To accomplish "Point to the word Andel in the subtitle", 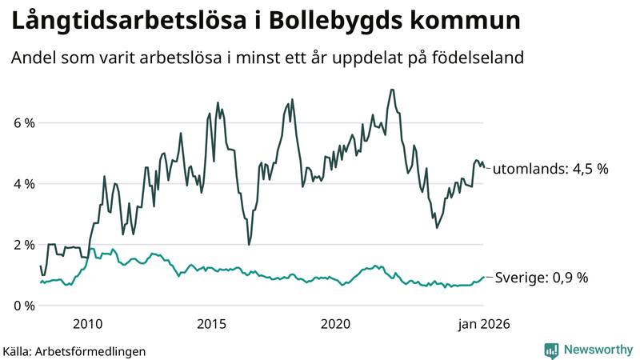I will (34, 58).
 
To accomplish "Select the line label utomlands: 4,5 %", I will (550, 170).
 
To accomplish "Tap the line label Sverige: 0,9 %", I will (541, 278).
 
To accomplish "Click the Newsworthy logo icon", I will (551, 350).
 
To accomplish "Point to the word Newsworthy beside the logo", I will (597, 350).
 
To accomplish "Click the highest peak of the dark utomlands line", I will (391, 90).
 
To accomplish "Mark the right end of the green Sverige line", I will (484, 278).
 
